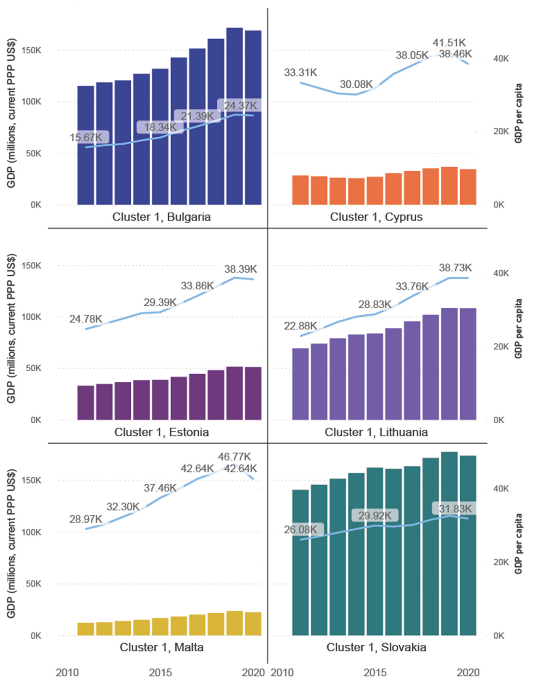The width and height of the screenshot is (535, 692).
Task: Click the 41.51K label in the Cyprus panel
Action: [x=449, y=43]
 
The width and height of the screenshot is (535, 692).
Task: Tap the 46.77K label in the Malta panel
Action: [x=234, y=457]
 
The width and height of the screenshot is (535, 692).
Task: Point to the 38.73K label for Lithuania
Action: [x=455, y=268]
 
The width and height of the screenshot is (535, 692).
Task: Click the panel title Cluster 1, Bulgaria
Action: [x=161, y=217]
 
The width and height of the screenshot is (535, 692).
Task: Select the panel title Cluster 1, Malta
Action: [x=161, y=647]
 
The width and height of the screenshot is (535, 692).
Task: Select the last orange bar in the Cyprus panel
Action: [x=468, y=187]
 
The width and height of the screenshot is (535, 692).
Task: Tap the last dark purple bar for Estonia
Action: [x=253, y=393]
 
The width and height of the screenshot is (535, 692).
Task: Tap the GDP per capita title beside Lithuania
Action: [x=518, y=328]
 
